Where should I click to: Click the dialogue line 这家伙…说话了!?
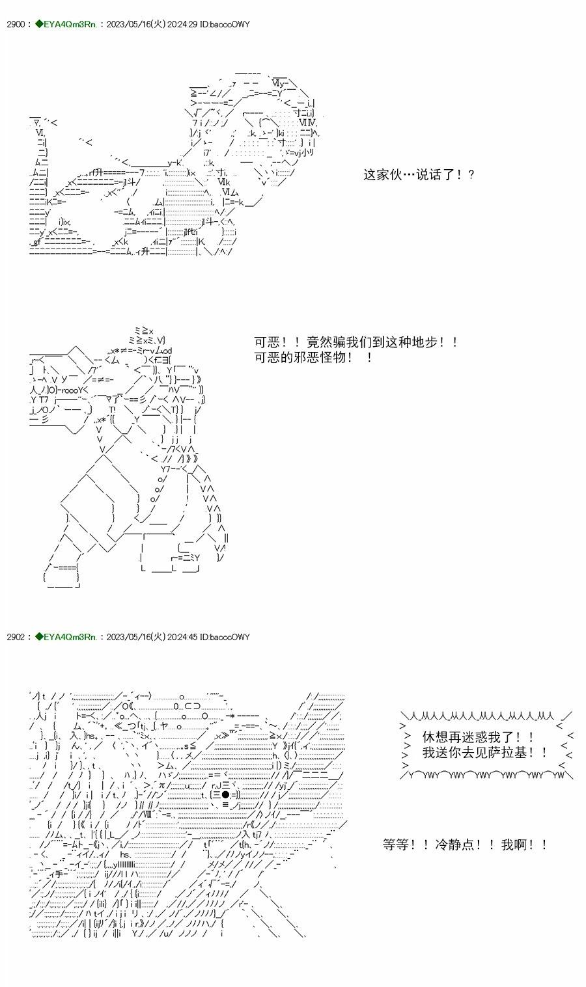(419, 174)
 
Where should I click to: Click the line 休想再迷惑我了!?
(479, 737)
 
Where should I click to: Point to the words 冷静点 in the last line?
(463, 845)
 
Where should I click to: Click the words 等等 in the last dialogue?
(397, 845)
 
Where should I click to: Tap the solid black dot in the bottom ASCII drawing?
(225, 794)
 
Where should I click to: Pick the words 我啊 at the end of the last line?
(514, 845)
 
